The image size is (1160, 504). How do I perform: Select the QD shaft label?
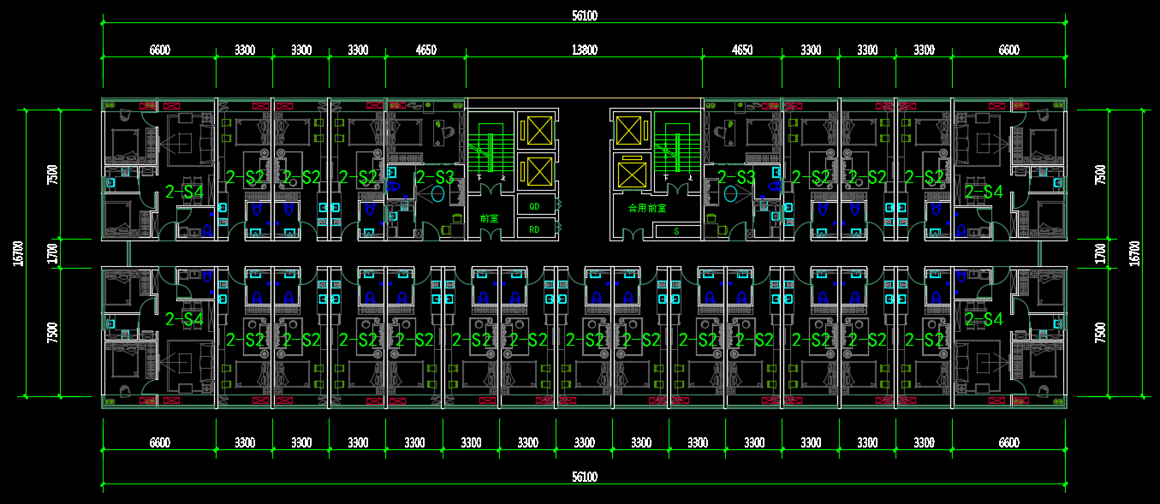534,206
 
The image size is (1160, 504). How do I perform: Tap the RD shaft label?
534,229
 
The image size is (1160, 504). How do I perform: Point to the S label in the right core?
675,230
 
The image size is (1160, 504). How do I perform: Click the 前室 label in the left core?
489,219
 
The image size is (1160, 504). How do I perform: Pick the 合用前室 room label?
646,208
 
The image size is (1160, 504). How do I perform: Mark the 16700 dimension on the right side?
1135,252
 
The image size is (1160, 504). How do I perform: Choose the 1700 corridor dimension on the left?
53,253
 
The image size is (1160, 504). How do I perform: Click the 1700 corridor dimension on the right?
1101,253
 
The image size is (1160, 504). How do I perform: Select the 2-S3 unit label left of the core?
434,178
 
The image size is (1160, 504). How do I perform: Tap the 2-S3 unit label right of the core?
736,178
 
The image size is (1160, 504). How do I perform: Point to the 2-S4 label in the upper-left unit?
183,192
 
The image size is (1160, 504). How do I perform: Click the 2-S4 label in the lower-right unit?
983,320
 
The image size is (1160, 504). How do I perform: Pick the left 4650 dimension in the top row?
425,50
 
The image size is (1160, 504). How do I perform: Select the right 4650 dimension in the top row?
742,50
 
